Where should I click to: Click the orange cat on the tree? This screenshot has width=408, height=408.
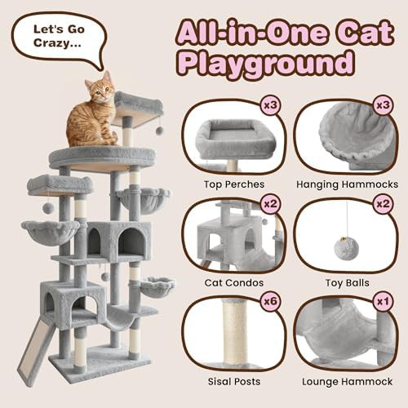tap(92, 112)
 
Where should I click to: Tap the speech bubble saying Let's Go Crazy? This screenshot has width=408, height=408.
tap(59, 38)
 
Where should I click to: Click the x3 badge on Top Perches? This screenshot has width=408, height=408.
tap(270, 105)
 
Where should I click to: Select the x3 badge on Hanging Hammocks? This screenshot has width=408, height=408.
tap(383, 105)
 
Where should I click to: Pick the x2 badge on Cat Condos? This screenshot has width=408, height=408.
tap(270, 204)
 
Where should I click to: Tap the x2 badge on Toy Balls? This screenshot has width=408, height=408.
tap(383, 204)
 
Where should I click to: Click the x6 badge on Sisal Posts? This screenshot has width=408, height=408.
tap(270, 301)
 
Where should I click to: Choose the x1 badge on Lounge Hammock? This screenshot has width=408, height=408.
tap(383, 301)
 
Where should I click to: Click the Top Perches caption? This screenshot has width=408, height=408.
tap(234, 184)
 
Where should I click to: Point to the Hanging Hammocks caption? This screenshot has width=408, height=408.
tap(348, 184)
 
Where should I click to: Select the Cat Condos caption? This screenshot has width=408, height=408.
tap(234, 283)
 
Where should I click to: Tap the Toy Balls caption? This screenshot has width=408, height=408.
tap(348, 283)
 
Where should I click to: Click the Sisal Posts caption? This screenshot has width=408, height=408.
tap(234, 382)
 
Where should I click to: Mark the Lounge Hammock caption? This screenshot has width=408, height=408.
tap(348, 382)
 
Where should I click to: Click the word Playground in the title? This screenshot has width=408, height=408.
tap(266, 63)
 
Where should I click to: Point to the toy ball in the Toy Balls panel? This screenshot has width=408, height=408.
tap(346, 248)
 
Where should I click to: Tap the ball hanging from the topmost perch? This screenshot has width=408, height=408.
tap(159, 131)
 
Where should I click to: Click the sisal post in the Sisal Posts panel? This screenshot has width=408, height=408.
tap(236, 332)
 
